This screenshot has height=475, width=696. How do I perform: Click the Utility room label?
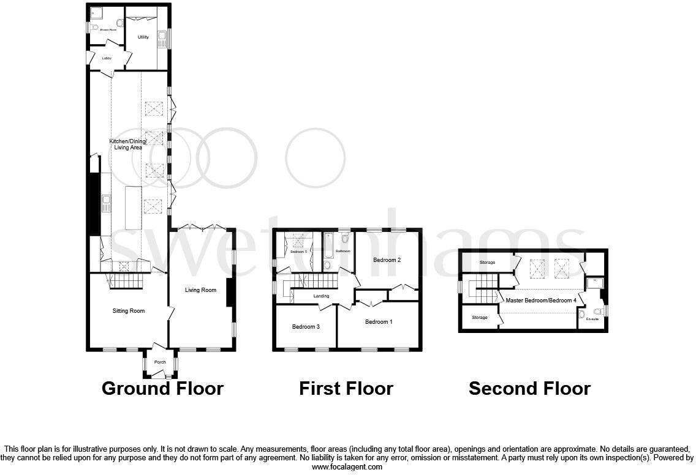coord(143,37)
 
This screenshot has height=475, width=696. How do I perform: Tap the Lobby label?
coord(107,58)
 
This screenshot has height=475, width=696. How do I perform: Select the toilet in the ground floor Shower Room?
coord(94,28)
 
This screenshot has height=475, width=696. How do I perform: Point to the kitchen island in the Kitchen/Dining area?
coord(133,208)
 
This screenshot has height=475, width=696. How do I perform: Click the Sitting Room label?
coord(129,311)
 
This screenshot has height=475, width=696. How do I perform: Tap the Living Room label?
coord(201,290)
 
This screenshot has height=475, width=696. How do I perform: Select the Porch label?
coord(160,362)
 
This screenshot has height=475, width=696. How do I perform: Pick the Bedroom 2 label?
coord(387,260)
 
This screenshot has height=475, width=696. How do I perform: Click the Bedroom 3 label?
coord(306,327)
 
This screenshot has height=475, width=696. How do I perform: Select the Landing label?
coord(321,296)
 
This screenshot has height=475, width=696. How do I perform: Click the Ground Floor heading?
coord(162,388)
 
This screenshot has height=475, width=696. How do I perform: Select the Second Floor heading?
coord(529,388)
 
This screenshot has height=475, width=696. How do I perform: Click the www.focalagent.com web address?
coord(347,466)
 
